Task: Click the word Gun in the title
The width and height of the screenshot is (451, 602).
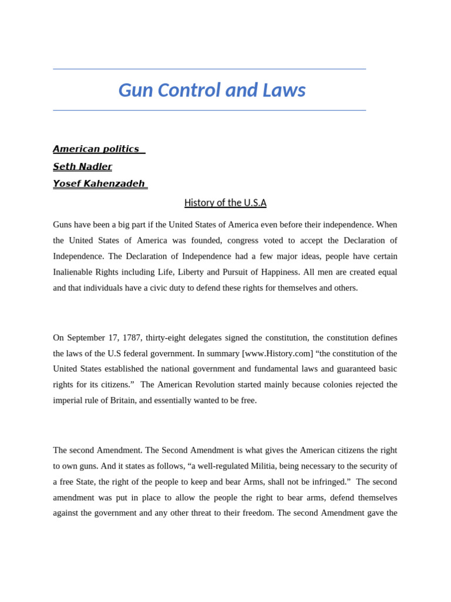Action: pyautogui.click(x=133, y=91)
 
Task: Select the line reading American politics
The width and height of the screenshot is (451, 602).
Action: pyautogui.click(x=96, y=149)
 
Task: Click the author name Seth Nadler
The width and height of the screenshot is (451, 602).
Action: pyautogui.click(x=82, y=167)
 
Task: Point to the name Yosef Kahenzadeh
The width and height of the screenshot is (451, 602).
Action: pyautogui.click(x=99, y=184)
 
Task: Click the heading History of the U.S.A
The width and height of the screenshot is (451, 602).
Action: pyautogui.click(x=225, y=203)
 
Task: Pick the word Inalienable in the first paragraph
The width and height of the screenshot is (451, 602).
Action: pyautogui.click(x=74, y=272)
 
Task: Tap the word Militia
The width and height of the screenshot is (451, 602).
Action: pyautogui.click(x=271, y=466)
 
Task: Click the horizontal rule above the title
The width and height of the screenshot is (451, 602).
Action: pyautogui.click(x=209, y=69)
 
